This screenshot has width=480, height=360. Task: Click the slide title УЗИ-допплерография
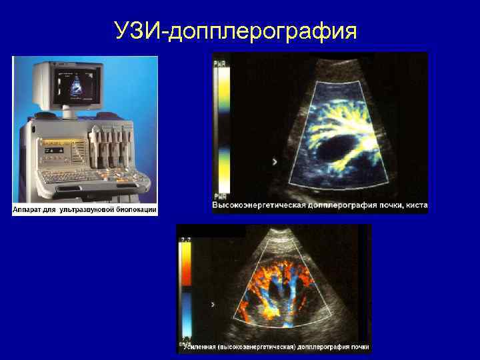click(x=235, y=31)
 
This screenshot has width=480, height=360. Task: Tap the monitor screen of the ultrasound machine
click(x=75, y=84)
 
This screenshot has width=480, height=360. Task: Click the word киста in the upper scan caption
click(x=416, y=205)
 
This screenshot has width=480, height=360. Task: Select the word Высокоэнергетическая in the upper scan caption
click(x=259, y=205)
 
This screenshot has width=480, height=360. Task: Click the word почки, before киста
click(x=389, y=205)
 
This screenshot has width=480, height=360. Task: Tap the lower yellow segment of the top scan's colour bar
click(x=221, y=177)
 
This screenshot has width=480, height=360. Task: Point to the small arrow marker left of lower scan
click(x=213, y=304)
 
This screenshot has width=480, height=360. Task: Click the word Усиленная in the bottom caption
click(x=201, y=347)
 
